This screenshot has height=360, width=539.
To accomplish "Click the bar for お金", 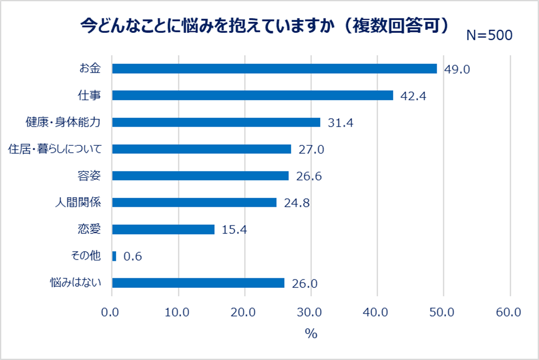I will tap(274, 68).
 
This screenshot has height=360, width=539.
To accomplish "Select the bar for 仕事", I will tap(252, 95).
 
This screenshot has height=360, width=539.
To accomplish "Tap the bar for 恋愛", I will tap(163, 230).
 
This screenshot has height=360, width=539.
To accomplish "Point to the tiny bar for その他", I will tap(114, 256).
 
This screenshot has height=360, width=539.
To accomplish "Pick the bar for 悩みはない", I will tap(198, 283).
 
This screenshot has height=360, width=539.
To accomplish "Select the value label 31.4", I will tap(340, 122).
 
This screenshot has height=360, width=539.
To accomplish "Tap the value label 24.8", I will tap(297, 203).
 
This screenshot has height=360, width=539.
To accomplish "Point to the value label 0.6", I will tap(132, 257).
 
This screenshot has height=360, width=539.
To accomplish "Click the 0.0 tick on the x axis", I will tap(112, 312).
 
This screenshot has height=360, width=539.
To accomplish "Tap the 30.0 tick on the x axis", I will tap(311, 312).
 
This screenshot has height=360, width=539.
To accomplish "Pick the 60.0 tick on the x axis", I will tap(510, 312).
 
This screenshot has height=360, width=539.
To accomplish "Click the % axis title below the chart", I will tap(311, 334).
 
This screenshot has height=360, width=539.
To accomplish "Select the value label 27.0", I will tap(311, 150).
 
